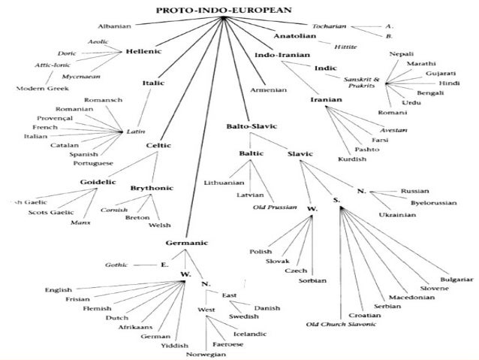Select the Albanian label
click(114, 26)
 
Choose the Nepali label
click(400, 54)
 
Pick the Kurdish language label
click(331, 159)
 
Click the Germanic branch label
click(187, 243)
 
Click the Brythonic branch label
click(152, 188)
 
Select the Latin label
click(136, 131)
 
